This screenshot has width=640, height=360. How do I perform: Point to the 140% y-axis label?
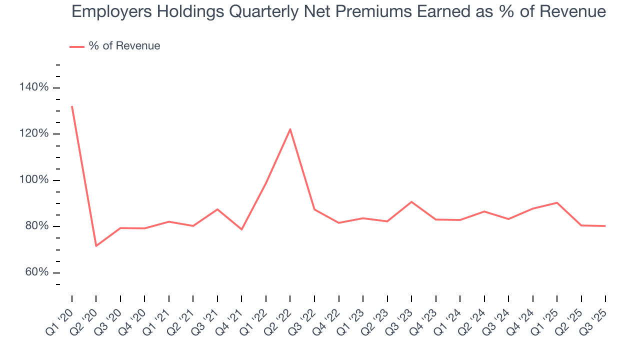click(34, 87)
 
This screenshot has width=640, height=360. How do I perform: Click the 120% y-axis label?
click(34, 134)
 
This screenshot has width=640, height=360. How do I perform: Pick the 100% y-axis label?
click(34, 180)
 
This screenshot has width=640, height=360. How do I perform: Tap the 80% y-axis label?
click(36, 226)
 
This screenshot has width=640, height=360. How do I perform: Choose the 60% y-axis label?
click(36, 272)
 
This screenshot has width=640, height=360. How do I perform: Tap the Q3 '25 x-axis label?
click(594, 319)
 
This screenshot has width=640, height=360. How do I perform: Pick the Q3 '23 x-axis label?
click(400, 319)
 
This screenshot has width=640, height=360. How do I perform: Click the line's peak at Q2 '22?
click(290, 129)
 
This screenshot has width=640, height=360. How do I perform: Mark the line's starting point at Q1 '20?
click(72, 106)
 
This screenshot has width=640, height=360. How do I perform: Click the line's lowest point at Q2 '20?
click(96, 245)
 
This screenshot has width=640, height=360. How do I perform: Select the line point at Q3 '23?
click(411, 202)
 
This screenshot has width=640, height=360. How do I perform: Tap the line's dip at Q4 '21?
click(241, 229)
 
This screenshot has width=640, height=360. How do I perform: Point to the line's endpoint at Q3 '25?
click(605, 226)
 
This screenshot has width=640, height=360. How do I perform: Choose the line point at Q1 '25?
click(556, 202)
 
